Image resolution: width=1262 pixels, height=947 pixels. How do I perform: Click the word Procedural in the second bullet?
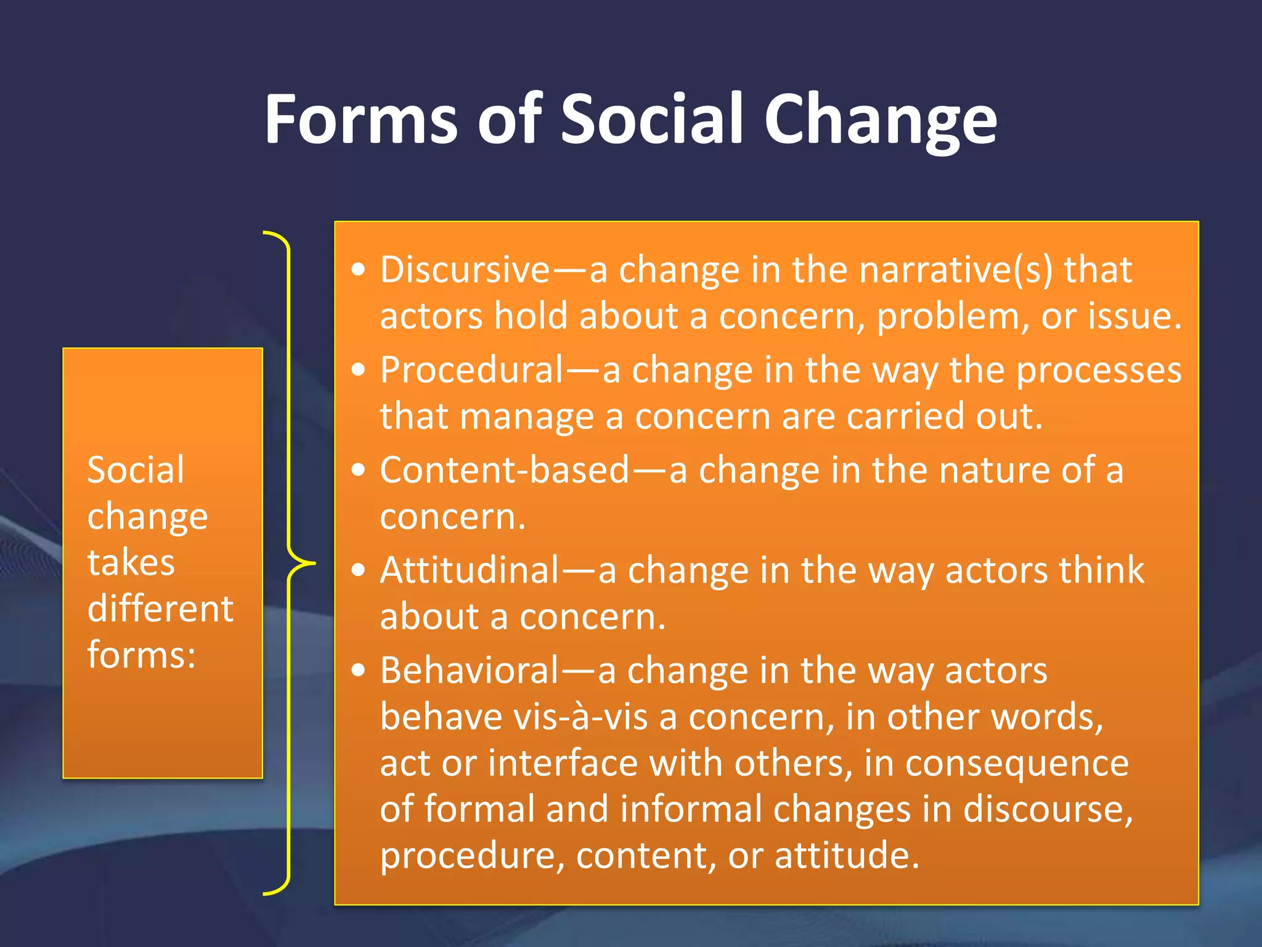(x=471, y=370)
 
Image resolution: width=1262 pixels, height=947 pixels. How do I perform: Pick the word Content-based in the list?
(x=504, y=470)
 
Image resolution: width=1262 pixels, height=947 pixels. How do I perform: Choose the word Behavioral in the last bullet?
(x=469, y=670)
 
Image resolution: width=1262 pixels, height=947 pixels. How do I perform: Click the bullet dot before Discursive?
(x=359, y=269)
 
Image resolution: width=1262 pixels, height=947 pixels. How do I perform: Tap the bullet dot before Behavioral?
(x=359, y=670)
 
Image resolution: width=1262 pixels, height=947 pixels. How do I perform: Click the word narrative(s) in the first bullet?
(x=956, y=269)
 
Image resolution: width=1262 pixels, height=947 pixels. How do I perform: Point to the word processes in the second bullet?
(x=1098, y=370)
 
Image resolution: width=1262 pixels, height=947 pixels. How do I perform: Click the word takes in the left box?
(x=131, y=562)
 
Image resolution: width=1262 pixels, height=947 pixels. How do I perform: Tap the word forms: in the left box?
(x=141, y=654)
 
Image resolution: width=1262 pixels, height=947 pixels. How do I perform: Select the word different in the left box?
(x=160, y=609)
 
